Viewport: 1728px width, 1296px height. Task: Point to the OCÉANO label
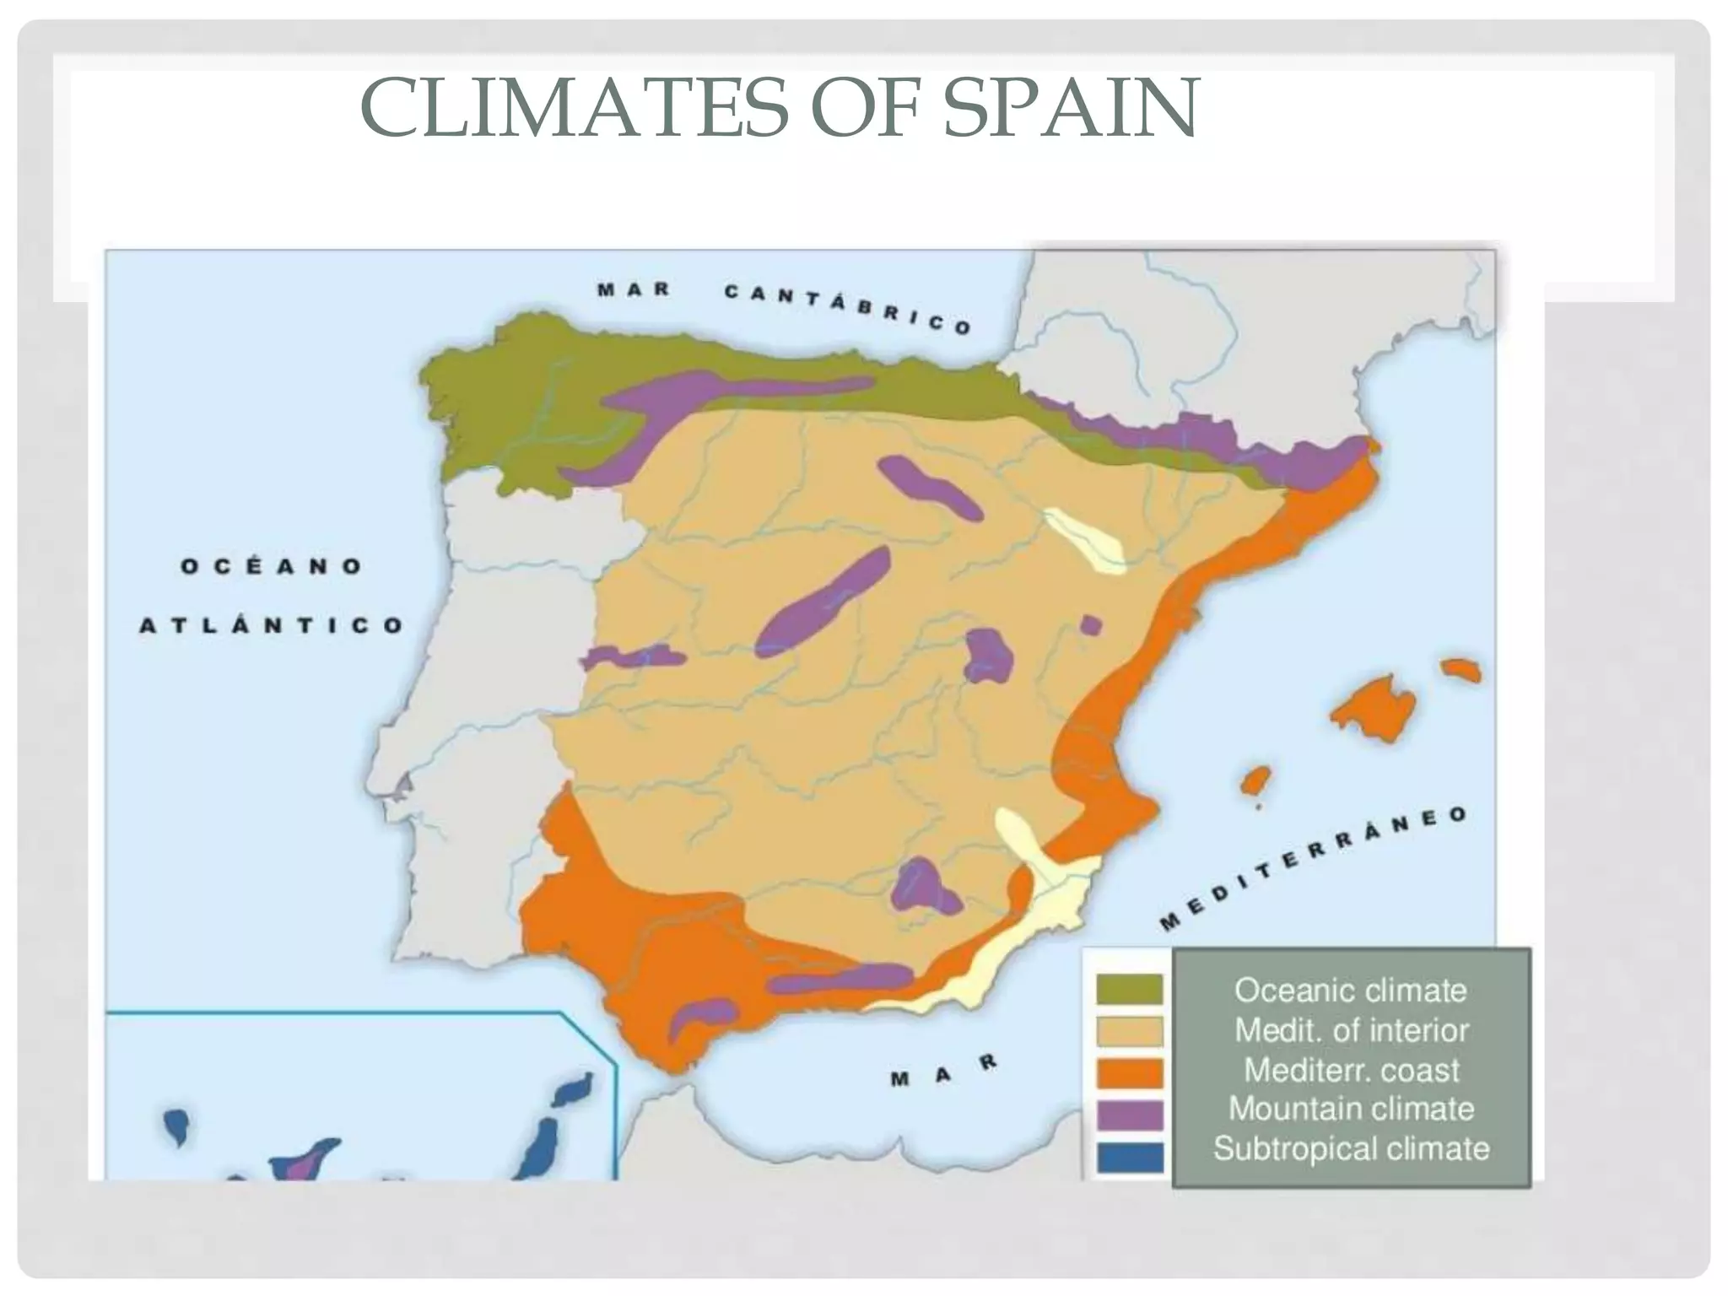point(272,565)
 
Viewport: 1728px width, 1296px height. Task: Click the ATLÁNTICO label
point(272,625)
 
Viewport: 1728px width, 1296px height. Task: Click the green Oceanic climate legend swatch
point(1129,989)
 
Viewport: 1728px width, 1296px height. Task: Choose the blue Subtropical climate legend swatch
point(1129,1157)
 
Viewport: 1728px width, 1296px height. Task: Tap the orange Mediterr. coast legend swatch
point(1129,1072)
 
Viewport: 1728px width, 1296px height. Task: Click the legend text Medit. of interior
point(1352,1030)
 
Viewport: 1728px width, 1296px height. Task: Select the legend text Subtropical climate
point(1352,1149)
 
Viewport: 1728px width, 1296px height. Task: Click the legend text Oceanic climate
point(1352,990)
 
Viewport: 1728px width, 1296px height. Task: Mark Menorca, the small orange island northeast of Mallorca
point(1461,671)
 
